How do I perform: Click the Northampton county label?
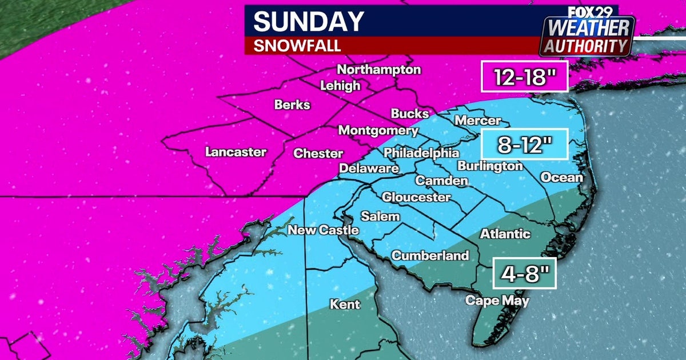(378, 70)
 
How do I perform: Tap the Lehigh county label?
(340, 86)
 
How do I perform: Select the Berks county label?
(292, 105)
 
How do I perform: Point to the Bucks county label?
(410, 113)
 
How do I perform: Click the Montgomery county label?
(378, 130)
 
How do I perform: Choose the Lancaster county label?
(236, 152)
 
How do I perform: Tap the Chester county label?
(318, 153)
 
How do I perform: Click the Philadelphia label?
(421, 153)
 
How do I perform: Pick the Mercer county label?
(477, 121)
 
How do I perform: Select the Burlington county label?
(490, 166)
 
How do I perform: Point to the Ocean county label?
(561, 177)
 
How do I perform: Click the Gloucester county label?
(416, 197)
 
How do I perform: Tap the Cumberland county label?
(430, 255)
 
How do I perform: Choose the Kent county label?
(345, 304)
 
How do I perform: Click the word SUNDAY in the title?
(309, 22)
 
